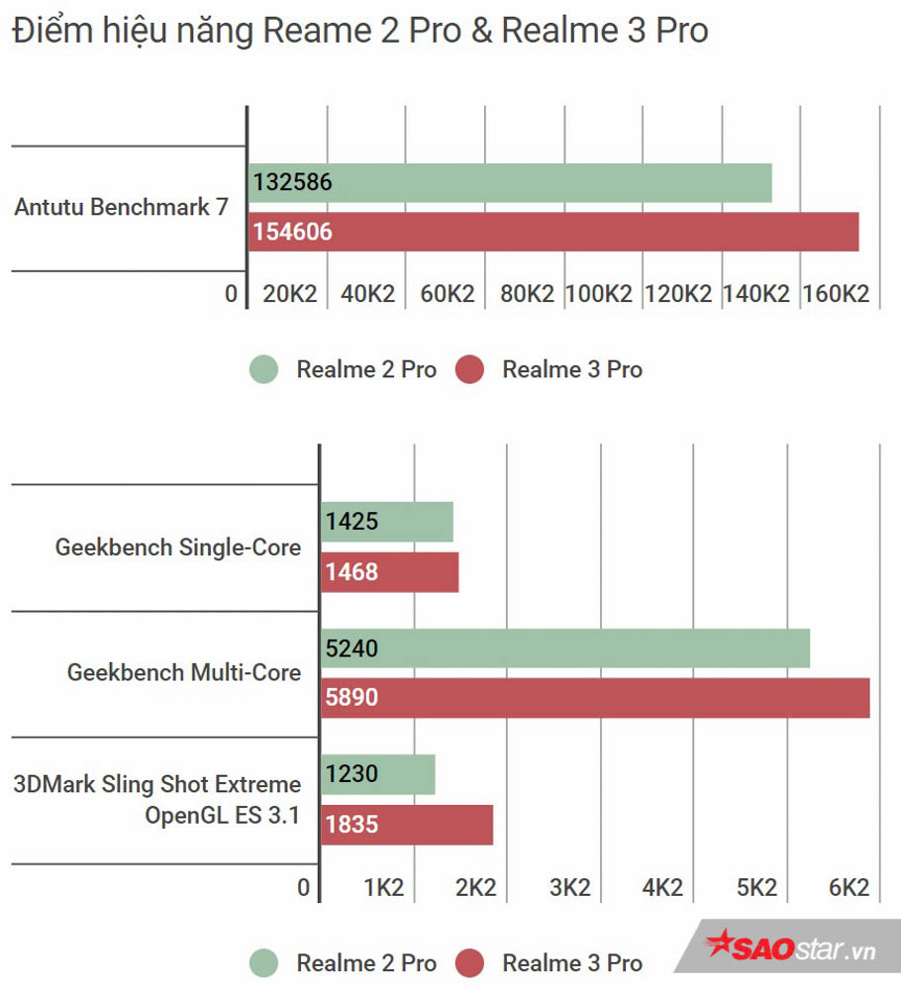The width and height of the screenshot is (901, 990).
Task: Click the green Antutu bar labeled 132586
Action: [510, 183]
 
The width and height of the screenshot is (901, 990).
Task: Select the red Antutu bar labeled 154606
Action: [552, 233]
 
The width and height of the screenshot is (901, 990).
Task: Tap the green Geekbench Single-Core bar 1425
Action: [387, 522]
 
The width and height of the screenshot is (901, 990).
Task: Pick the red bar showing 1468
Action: [390, 572]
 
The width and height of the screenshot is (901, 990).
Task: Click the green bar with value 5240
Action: [565, 648]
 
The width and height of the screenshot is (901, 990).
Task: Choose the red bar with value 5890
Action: [595, 698]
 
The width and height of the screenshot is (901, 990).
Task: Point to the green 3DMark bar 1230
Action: [378, 774]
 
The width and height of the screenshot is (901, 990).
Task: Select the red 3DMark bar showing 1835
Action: [407, 825]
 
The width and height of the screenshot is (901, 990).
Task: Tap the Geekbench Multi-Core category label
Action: [184, 673]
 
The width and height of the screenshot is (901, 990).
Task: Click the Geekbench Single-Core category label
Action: [178, 547]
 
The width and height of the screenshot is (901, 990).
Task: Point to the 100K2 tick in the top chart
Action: [598, 294]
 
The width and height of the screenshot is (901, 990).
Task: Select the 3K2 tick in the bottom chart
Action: [570, 888]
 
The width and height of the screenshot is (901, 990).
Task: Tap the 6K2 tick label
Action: [849, 888]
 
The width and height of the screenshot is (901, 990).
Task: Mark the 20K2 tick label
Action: [289, 294]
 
